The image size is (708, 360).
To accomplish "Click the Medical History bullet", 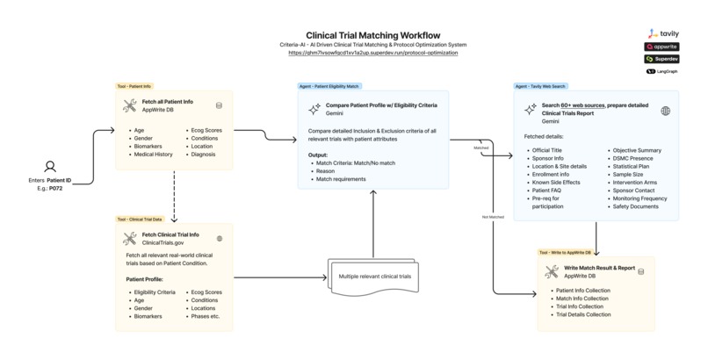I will (154, 155).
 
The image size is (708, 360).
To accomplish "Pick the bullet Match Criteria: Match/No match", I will (360, 162).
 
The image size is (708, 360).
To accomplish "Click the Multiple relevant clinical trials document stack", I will (374, 277).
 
